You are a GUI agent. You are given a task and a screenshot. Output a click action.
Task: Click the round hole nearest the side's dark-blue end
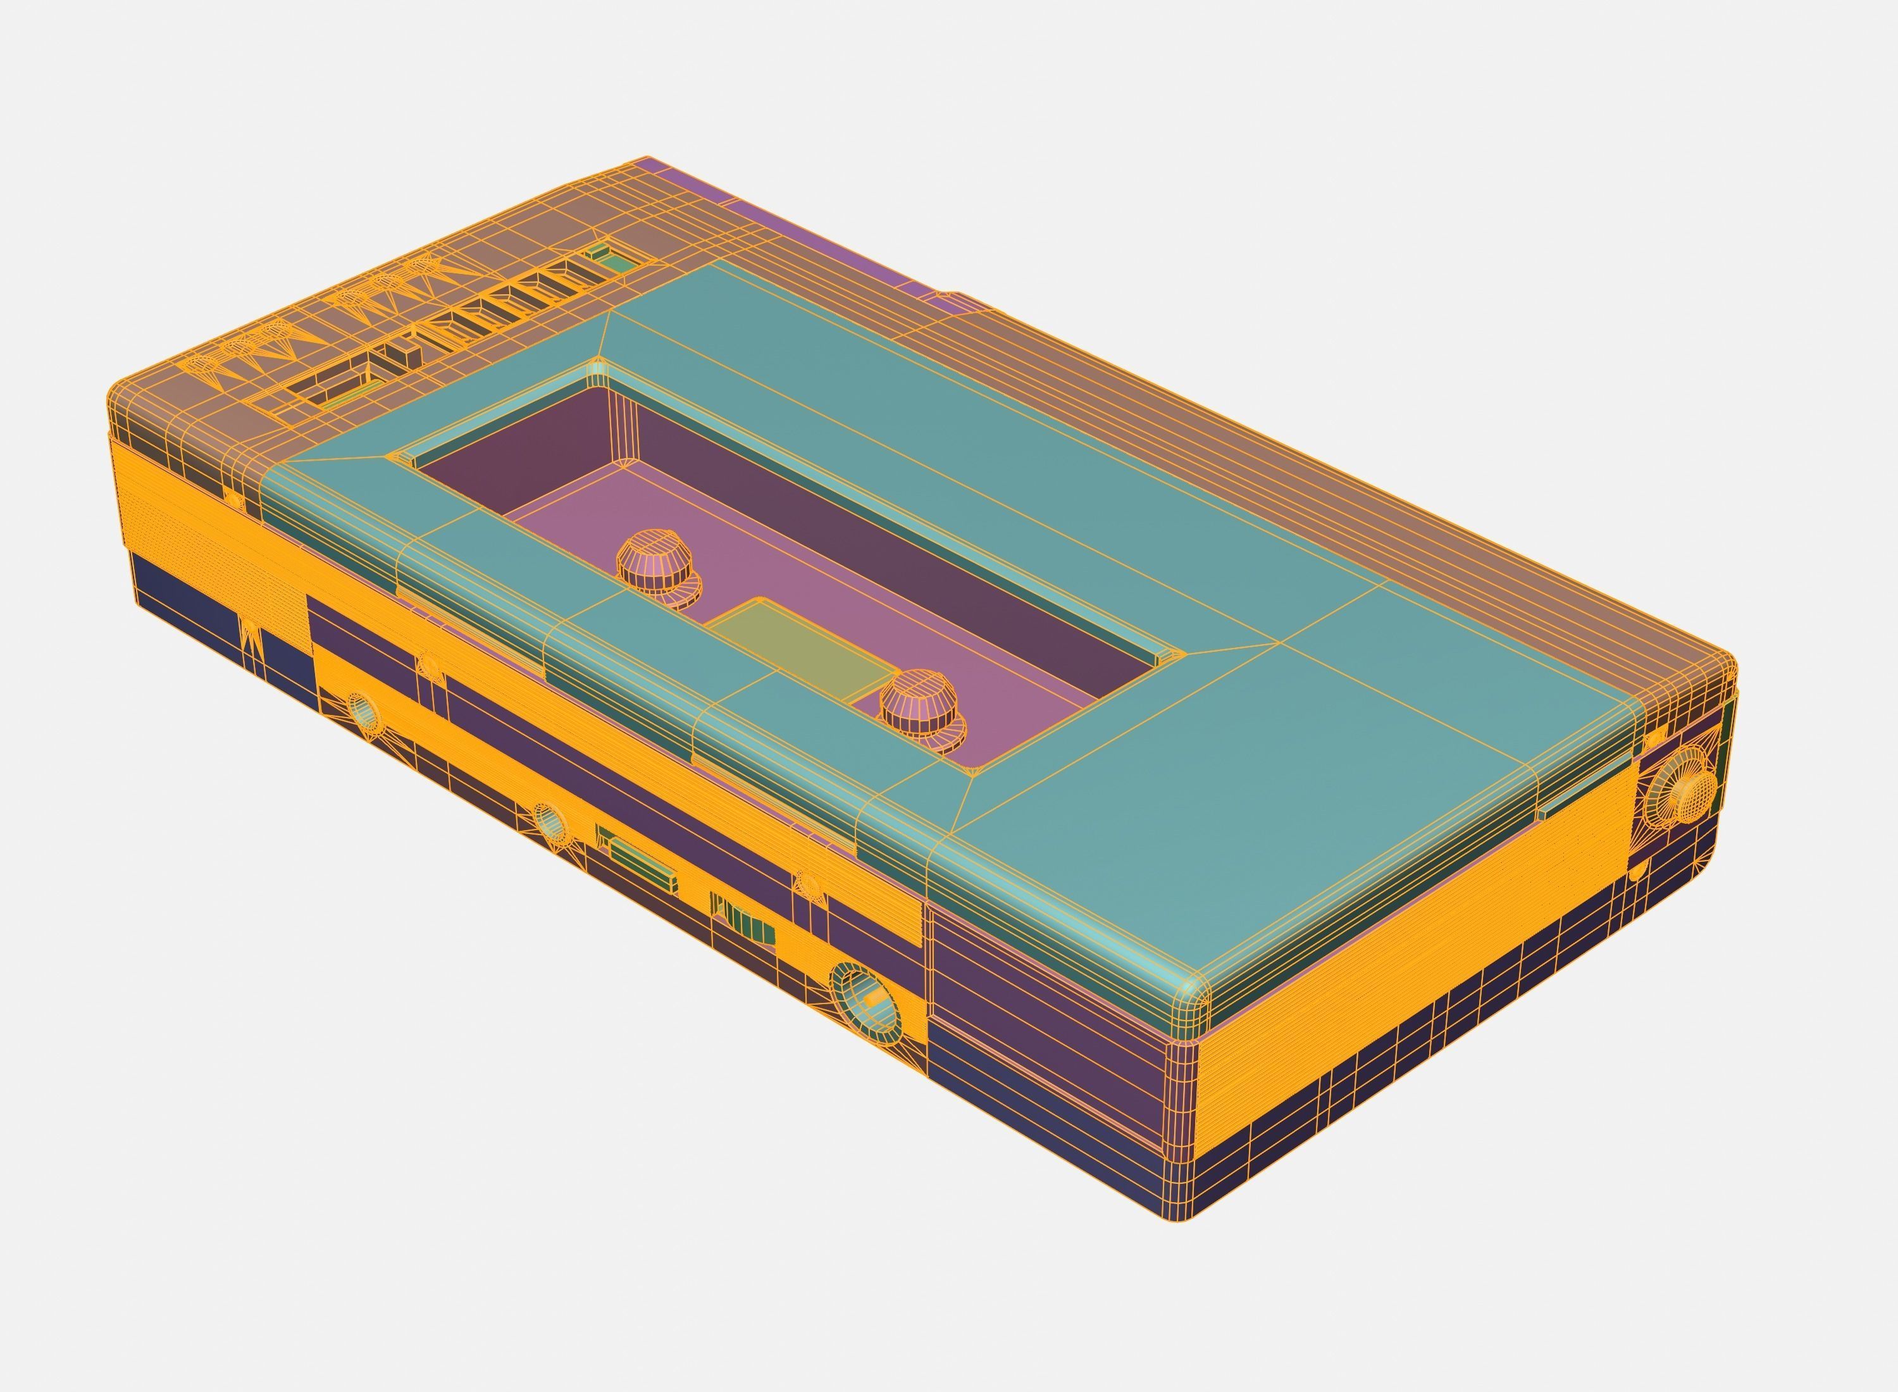click(363, 712)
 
